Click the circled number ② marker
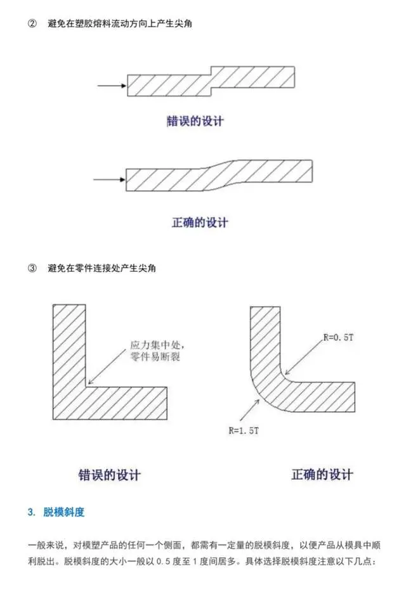pyautogui.click(x=32, y=23)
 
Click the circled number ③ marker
pyautogui.click(x=32, y=268)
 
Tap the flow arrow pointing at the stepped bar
pyautogui.click(x=112, y=86)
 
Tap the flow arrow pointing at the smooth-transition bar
pyautogui.click(x=109, y=179)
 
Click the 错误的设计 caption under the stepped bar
pyautogui.click(x=195, y=121)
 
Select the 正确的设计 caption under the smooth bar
pyautogui.click(x=200, y=222)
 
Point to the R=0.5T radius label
pyautogui.click(x=338, y=337)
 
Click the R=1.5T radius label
pyautogui.click(x=244, y=430)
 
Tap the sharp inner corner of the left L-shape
pyautogui.click(x=86, y=387)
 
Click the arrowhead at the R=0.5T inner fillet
pyautogui.click(x=287, y=373)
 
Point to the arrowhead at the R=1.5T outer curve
pyautogui.click(x=257, y=401)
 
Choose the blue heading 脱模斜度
pyautogui.click(x=64, y=512)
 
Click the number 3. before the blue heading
pyautogui.click(x=32, y=512)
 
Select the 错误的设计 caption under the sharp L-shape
pyautogui.click(x=109, y=475)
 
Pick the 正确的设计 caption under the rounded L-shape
pyautogui.click(x=322, y=474)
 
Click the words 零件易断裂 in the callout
pyautogui.click(x=155, y=356)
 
